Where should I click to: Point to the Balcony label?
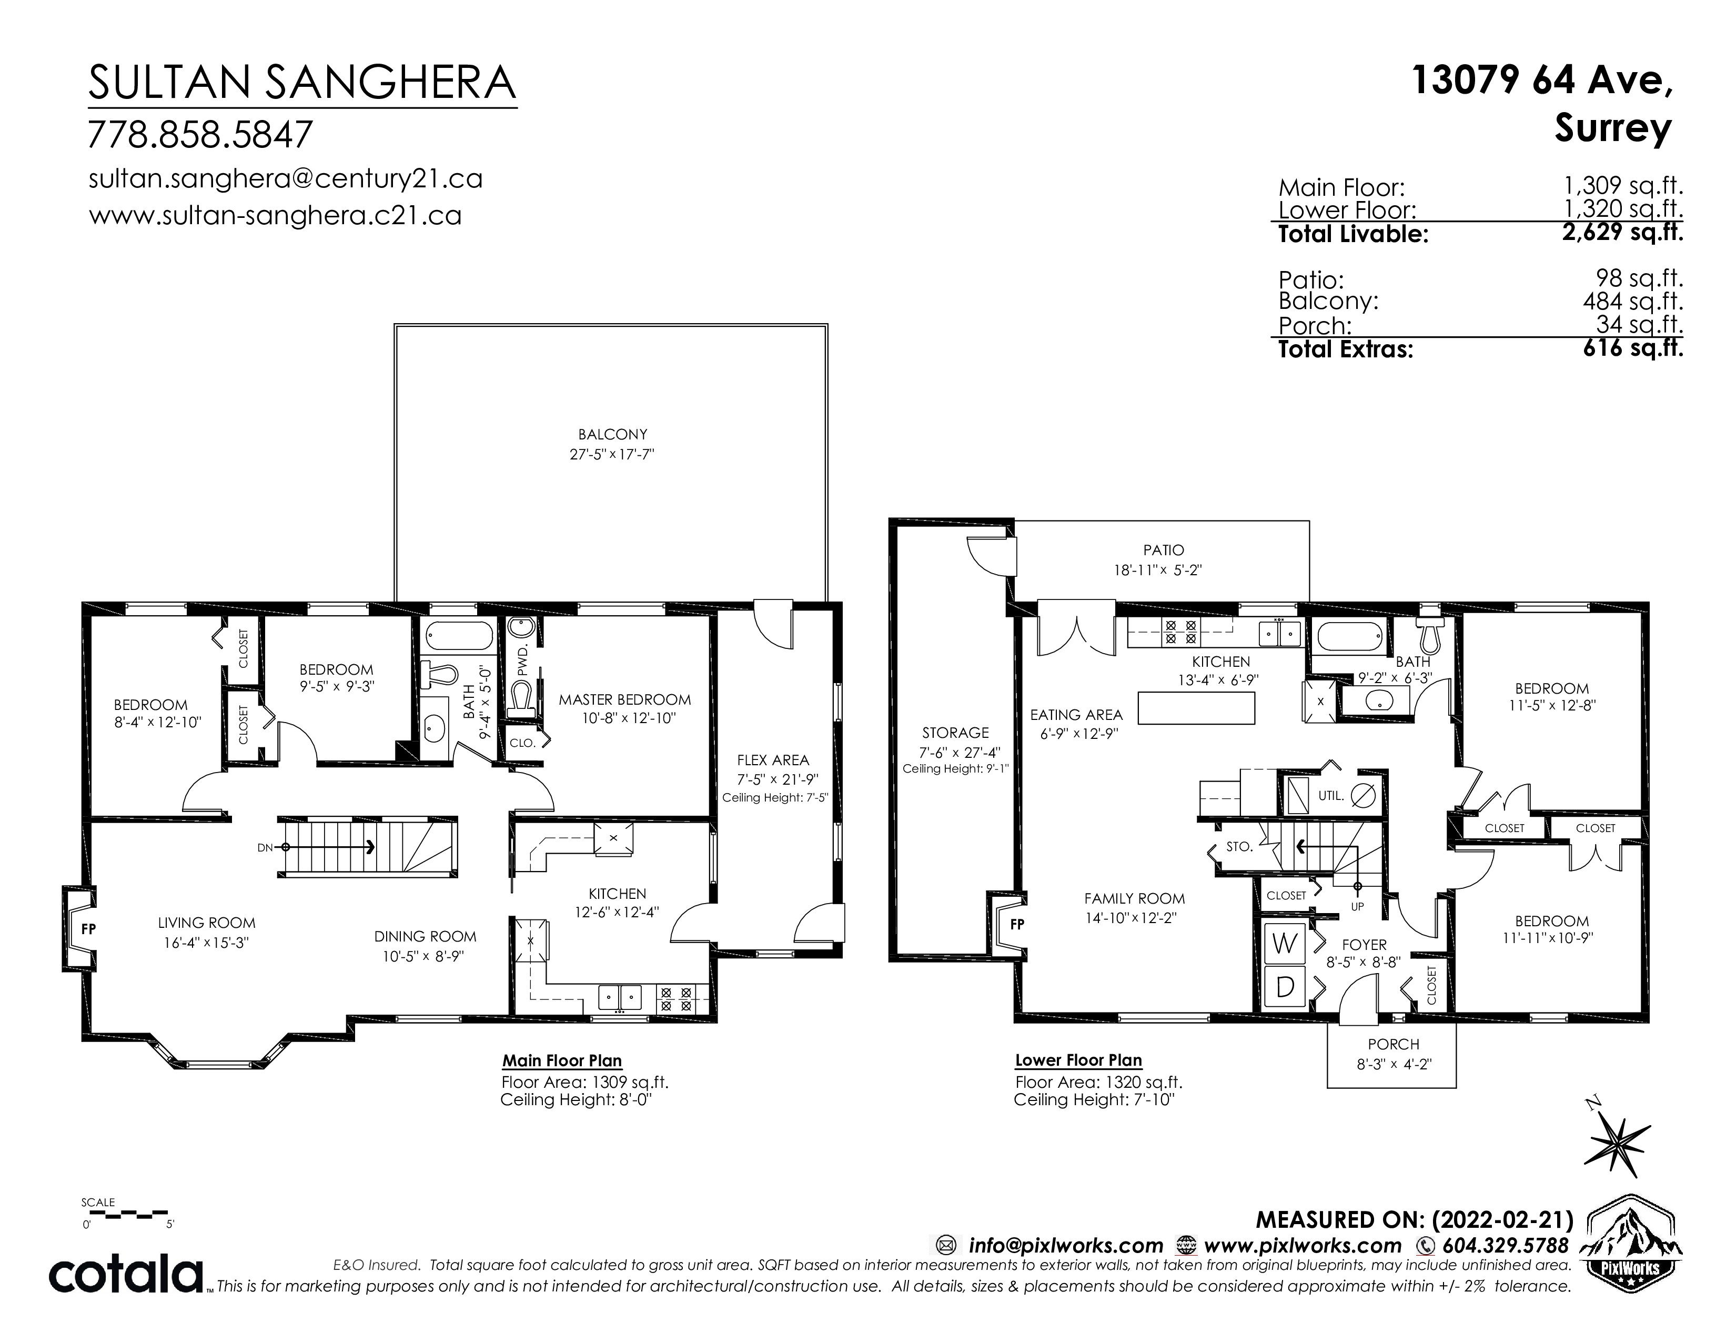point(612,434)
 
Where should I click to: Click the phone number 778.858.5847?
point(200,134)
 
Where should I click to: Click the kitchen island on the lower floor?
point(1196,707)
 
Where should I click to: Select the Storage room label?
point(955,732)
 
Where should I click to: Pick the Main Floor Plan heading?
point(562,1060)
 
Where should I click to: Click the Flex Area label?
point(773,760)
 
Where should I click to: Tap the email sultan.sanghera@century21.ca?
point(285,179)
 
